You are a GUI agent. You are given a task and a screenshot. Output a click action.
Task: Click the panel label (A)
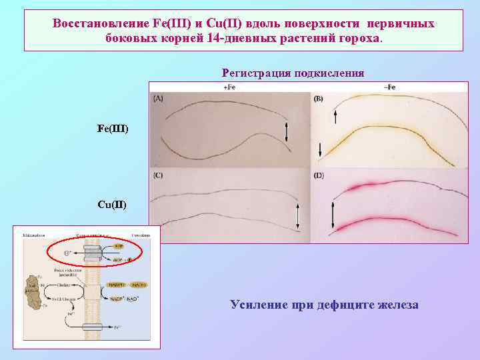click(158, 98)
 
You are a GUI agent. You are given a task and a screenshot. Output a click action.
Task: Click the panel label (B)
click(318, 99)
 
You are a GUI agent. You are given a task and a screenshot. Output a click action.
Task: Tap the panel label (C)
click(158, 175)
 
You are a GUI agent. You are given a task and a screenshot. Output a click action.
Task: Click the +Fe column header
click(229, 87)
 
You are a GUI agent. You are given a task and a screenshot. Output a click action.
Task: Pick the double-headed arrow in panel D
click(332, 215)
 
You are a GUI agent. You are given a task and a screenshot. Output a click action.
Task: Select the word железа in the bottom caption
click(395, 305)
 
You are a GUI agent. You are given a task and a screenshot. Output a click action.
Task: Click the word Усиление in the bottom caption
click(256, 305)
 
